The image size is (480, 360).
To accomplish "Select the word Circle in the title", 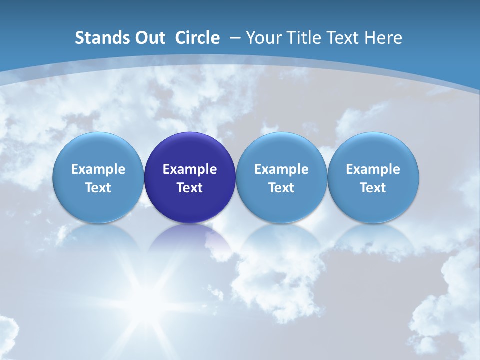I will pos(197,38).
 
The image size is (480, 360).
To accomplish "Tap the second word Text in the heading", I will pos(342,38).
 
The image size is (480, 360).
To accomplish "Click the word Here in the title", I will pos(383,38).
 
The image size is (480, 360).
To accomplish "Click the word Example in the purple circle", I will pos(190,169).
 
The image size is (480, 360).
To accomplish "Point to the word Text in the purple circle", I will pos(190,188).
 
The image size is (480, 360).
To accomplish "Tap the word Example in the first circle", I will pos(98,169).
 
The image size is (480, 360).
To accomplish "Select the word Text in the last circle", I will pos(373,188).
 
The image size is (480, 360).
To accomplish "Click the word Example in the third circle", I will pos(281,169).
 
